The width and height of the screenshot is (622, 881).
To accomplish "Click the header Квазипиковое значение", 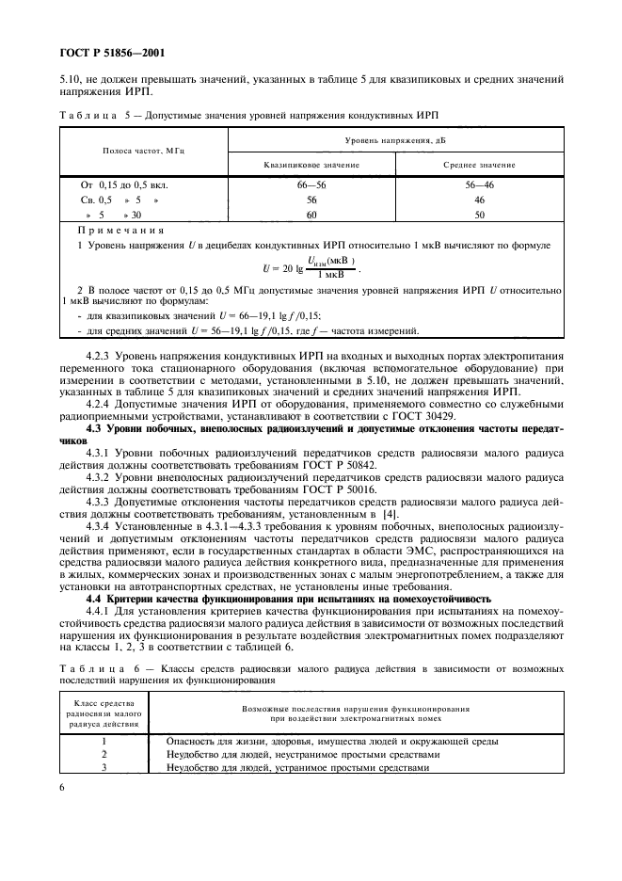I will coord(297,164).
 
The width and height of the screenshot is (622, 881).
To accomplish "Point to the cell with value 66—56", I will coord(297,186).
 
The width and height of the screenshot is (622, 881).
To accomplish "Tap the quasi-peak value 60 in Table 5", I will coord(297,215).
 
